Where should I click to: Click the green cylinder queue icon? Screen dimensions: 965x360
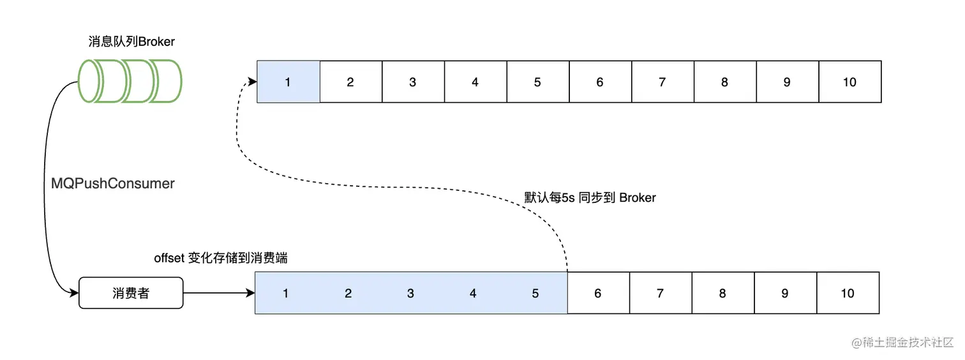pos(130,81)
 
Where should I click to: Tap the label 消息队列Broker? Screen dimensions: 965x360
pos(131,41)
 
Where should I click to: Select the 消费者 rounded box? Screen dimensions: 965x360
pos(131,293)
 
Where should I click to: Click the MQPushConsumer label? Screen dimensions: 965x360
pos(113,183)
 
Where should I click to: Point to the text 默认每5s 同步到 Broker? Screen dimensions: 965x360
pos(590,197)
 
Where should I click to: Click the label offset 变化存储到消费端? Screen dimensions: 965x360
pos(221,258)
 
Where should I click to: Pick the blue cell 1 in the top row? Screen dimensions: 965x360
pos(288,82)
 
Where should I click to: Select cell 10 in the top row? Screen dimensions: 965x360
pos(849,82)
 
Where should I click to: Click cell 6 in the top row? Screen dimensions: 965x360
pos(600,82)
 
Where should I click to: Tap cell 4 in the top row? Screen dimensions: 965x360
pos(475,82)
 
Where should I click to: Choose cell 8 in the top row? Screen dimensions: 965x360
pos(724,82)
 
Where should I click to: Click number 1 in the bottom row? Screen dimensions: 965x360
pos(286,293)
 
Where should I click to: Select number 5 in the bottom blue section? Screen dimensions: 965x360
pos(535,293)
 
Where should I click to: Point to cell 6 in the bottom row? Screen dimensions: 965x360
pos(598,293)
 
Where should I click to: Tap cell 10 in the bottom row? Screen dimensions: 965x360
pos(848,293)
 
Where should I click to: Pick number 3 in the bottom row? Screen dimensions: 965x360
pos(410,293)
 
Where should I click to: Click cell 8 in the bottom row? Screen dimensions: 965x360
pos(722,293)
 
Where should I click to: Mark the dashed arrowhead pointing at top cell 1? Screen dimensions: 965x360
pos(253,82)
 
